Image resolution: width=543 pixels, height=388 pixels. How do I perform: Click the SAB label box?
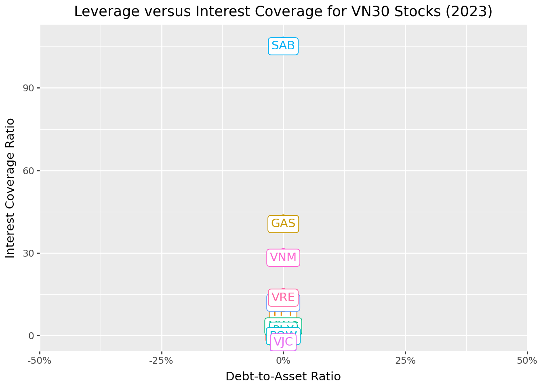(x=283, y=46)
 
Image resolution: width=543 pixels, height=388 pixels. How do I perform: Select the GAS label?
(x=283, y=224)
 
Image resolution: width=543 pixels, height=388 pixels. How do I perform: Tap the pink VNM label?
(x=283, y=257)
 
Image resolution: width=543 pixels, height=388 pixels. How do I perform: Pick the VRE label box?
(x=283, y=297)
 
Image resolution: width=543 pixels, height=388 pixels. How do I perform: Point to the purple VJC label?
(x=283, y=342)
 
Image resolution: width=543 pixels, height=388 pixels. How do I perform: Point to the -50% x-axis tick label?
(x=40, y=361)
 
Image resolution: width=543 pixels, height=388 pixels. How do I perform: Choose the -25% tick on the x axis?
(x=162, y=361)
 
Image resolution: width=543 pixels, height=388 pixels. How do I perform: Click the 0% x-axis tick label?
(x=283, y=361)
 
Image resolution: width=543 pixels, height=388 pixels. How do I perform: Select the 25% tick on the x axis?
(x=405, y=361)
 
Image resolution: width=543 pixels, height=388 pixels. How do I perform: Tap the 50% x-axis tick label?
(x=527, y=361)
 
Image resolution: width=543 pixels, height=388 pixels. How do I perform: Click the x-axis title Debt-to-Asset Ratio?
(x=283, y=377)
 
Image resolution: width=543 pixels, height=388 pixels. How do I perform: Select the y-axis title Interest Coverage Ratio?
(x=11, y=188)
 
